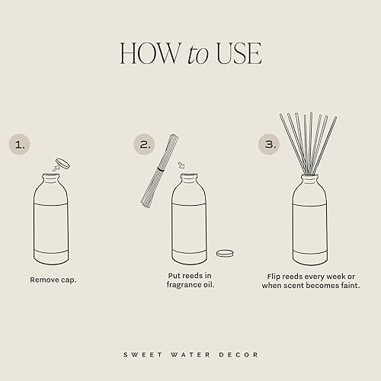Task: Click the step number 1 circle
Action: [x=20, y=144]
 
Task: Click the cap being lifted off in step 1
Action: [x=62, y=162]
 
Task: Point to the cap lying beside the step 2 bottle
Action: [x=224, y=253]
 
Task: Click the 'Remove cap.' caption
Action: [x=53, y=280]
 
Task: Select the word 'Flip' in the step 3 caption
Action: [x=275, y=275]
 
